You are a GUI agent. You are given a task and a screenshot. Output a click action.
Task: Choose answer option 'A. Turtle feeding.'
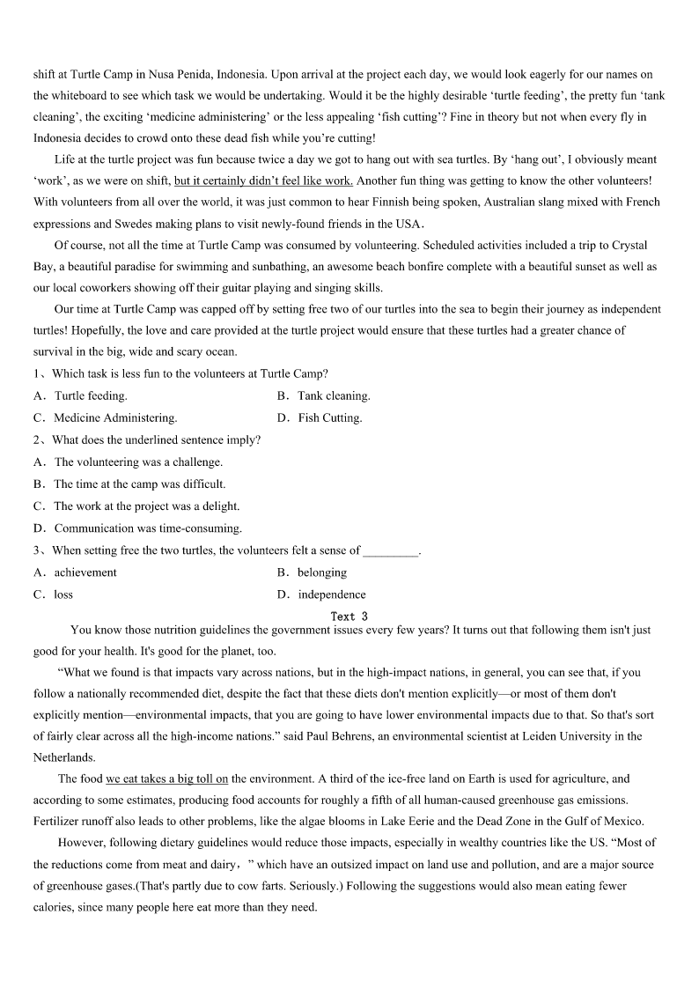[x=81, y=396]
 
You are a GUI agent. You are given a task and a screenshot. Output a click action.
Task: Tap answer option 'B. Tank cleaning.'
[x=323, y=396]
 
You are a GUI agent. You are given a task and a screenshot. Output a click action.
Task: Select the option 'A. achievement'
[x=76, y=572]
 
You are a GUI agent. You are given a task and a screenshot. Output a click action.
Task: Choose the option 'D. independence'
[x=321, y=594]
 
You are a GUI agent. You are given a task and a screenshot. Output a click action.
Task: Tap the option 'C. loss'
[x=54, y=594]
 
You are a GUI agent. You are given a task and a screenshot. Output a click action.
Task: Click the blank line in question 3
[x=391, y=551]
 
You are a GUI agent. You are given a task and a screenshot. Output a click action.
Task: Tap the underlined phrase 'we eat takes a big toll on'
[x=167, y=779]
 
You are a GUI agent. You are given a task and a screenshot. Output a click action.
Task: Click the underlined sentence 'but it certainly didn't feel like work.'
[x=263, y=181]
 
